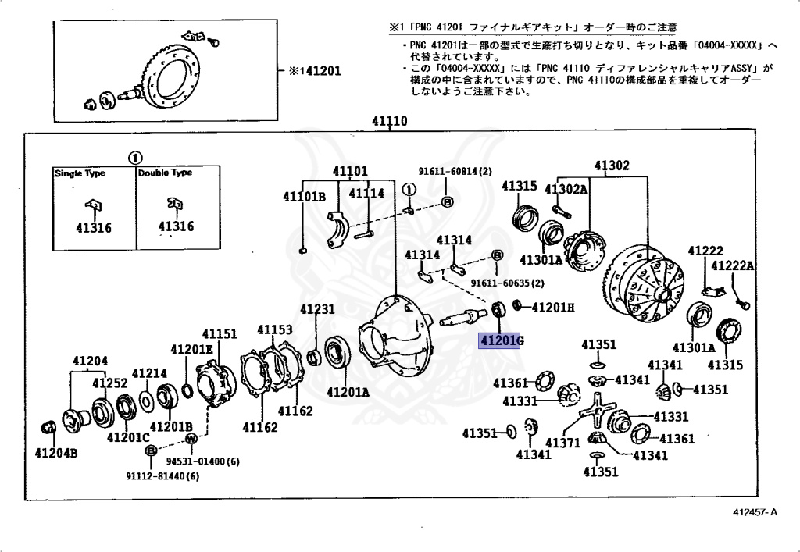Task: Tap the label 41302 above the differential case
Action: tap(611, 166)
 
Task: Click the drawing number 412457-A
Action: tap(755, 512)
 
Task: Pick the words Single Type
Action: tap(80, 173)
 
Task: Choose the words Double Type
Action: tap(165, 173)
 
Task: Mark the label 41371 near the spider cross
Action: tap(562, 443)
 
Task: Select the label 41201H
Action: tap(553, 307)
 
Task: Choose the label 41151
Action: tap(220, 334)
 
